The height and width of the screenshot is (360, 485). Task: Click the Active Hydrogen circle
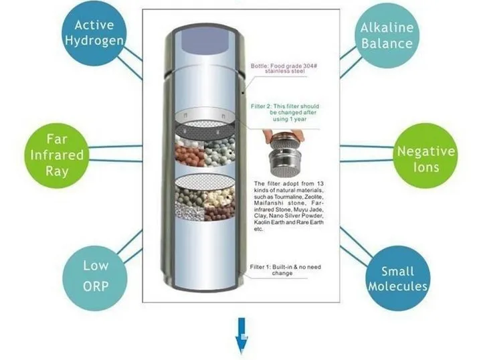[94, 33]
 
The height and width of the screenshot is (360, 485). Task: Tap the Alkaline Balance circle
[387, 35]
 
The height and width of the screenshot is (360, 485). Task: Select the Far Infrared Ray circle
[57, 155]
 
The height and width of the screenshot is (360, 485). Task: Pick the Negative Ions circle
[425, 155]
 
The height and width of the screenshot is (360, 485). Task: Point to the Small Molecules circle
[398, 278]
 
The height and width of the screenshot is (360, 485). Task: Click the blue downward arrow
[241, 335]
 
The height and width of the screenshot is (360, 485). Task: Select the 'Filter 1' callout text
[285, 270]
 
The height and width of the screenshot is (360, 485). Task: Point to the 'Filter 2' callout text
[285, 112]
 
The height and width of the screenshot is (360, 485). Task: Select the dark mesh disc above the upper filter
[205, 129]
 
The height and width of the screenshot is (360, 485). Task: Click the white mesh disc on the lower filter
[205, 181]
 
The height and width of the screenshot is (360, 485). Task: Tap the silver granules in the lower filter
[189, 211]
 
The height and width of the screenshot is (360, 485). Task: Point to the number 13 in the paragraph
[320, 184]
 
